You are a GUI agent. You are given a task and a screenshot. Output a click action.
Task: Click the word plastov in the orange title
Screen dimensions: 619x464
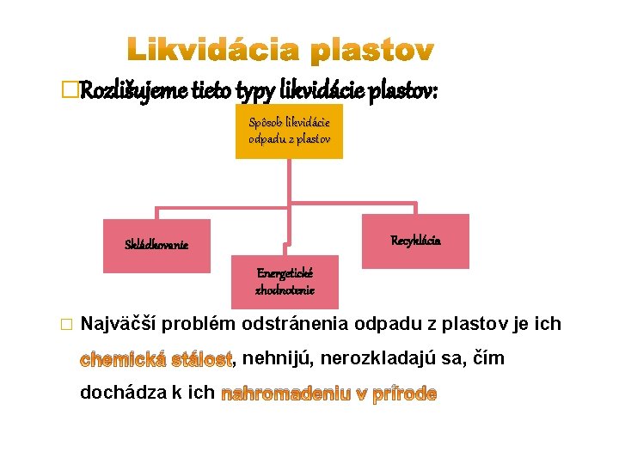[x=372, y=52]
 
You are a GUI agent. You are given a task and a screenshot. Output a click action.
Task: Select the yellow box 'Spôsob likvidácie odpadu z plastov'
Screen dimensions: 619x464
[x=289, y=131]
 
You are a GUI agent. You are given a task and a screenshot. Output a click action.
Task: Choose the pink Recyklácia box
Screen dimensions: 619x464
[x=416, y=241]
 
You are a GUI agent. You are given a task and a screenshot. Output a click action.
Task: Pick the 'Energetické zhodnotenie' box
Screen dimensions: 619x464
[x=285, y=282]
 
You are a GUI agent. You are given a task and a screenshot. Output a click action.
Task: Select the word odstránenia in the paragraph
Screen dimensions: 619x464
[x=294, y=324]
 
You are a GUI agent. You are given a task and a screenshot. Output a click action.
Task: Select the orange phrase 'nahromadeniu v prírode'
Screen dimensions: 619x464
[x=329, y=394]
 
